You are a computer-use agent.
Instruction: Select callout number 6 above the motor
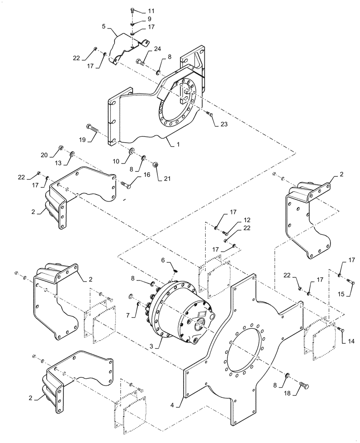click(163, 260)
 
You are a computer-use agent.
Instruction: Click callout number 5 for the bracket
click(103, 26)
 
